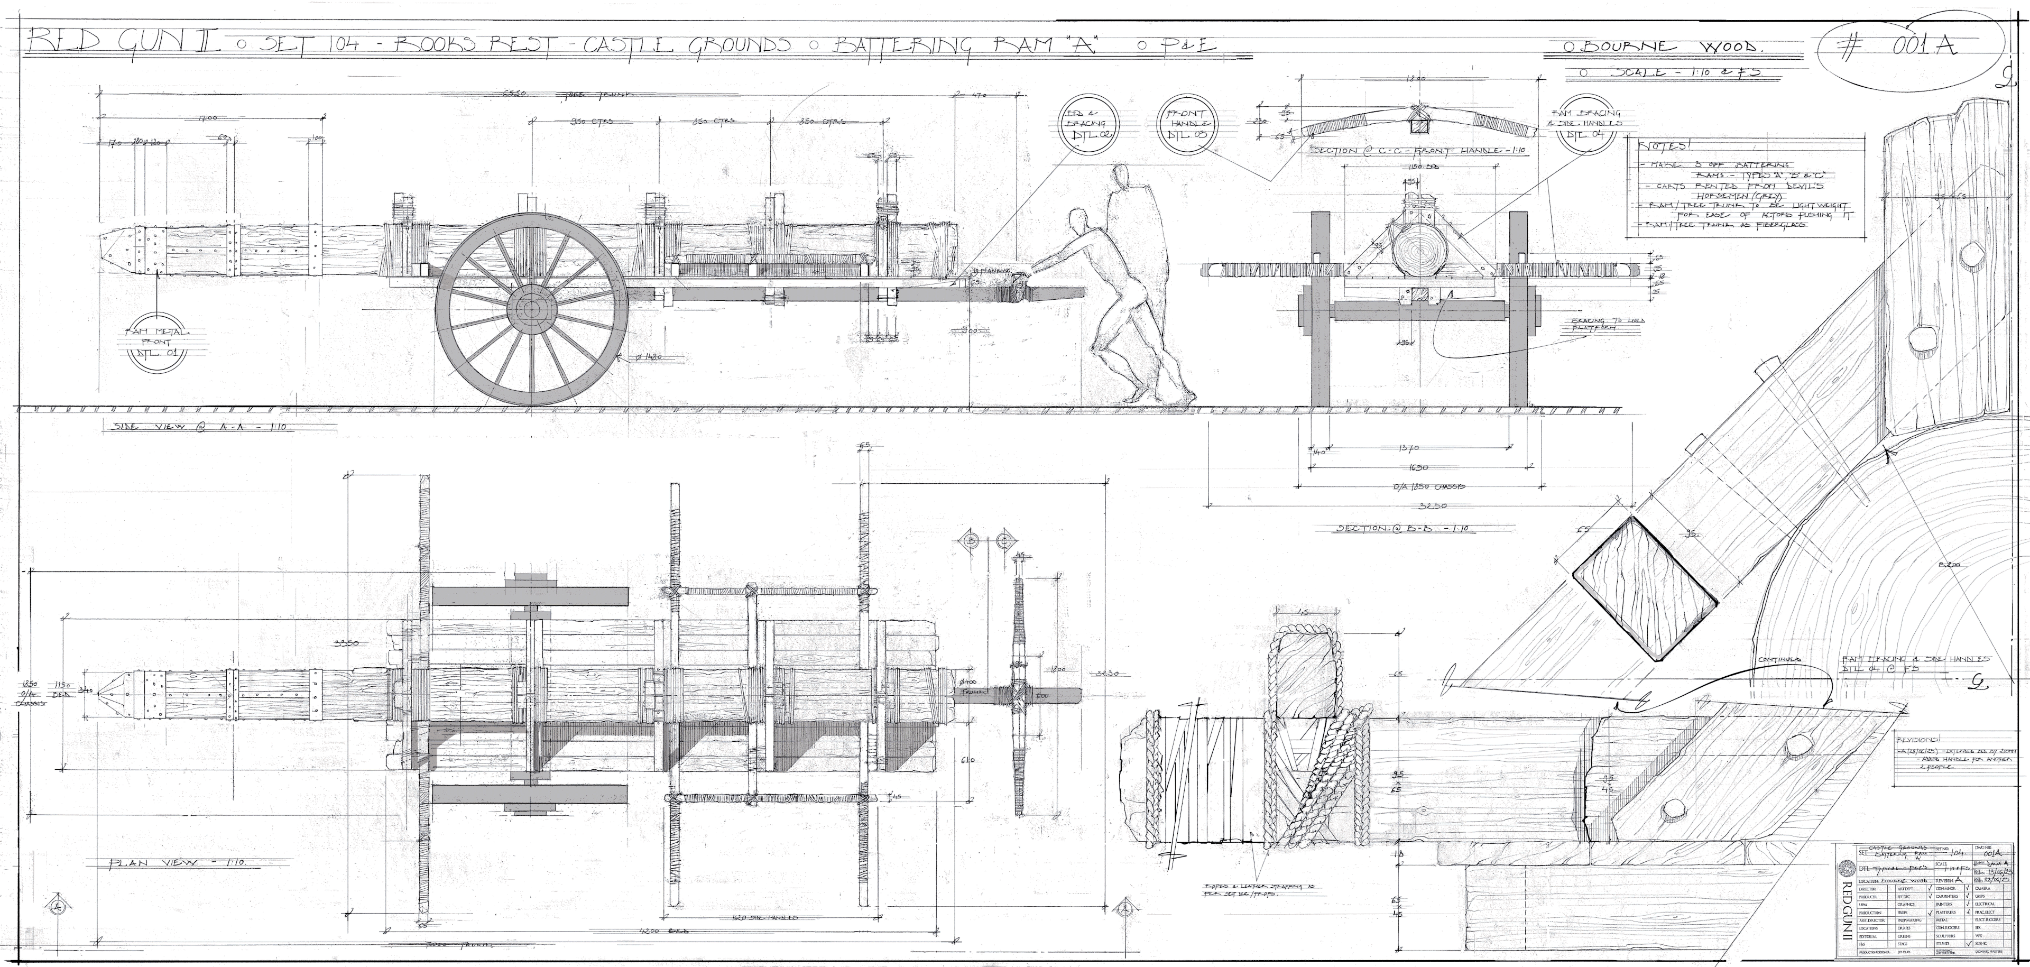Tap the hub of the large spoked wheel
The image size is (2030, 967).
(x=532, y=308)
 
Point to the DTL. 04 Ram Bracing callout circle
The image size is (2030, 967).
(x=1584, y=130)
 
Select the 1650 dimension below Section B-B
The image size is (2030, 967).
(x=1416, y=466)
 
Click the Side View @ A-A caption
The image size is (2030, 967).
(x=197, y=426)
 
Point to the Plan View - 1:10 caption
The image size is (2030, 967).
(x=177, y=862)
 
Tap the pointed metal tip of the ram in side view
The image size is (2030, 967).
(x=110, y=251)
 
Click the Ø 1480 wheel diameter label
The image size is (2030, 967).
(x=650, y=357)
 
